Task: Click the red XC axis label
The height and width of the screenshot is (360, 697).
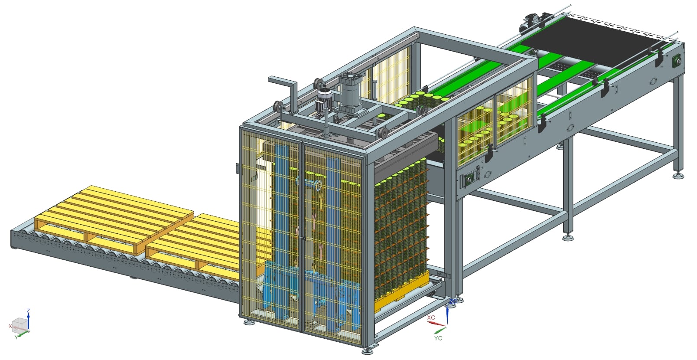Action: point(431,317)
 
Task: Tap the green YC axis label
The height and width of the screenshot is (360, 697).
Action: point(438,338)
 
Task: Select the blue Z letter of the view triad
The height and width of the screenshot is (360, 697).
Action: point(28,311)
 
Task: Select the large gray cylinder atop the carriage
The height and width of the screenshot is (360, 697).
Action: point(350,92)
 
